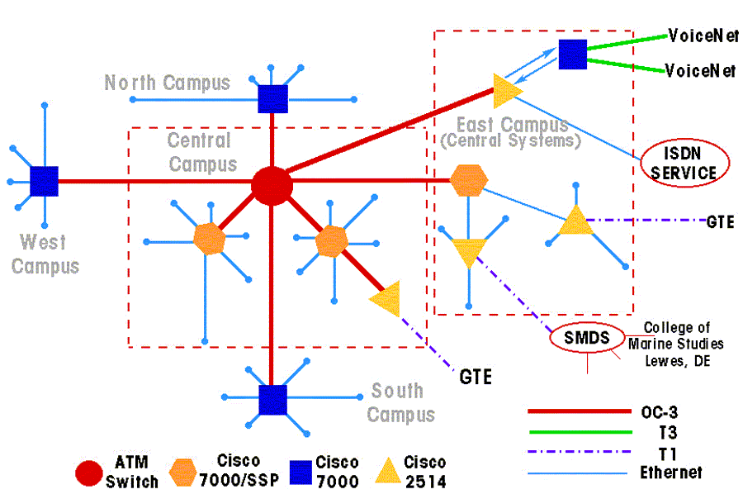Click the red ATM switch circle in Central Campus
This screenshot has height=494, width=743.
click(272, 186)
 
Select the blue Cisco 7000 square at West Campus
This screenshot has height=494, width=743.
click(44, 181)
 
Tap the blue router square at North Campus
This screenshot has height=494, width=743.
click(272, 98)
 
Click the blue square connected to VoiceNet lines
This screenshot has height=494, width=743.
click(572, 55)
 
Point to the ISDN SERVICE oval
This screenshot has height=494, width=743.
click(679, 163)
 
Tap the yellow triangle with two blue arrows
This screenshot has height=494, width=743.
click(506, 90)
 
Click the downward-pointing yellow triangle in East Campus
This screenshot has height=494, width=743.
click(469, 250)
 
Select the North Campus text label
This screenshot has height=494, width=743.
click(167, 83)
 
